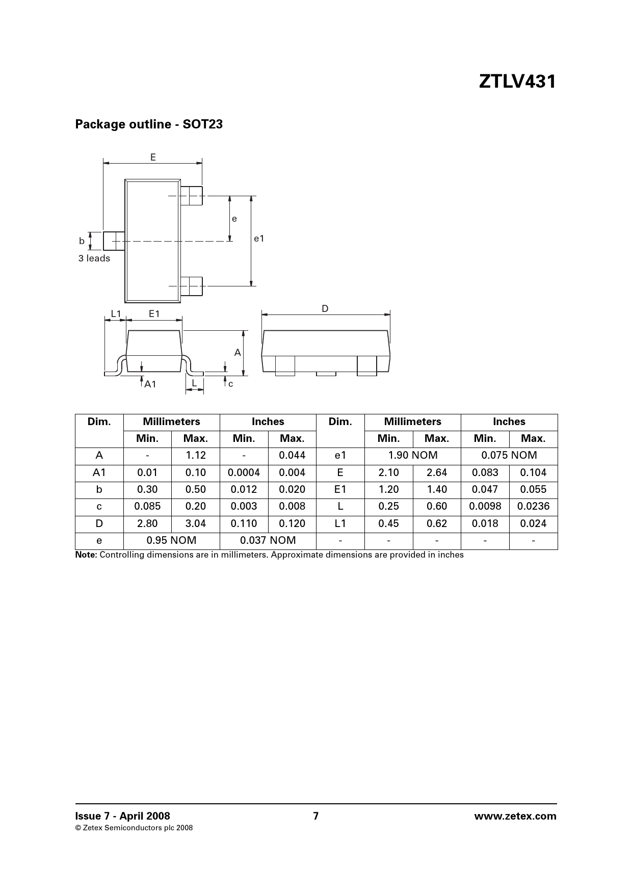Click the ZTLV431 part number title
(517, 82)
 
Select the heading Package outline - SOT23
(149, 124)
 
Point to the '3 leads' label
(94, 258)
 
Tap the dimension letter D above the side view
(325, 309)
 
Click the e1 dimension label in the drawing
(259, 239)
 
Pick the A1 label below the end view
(150, 384)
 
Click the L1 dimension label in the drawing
(116, 314)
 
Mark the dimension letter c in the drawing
(230, 384)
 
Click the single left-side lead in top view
(114, 241)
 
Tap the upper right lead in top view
(192, 196)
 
